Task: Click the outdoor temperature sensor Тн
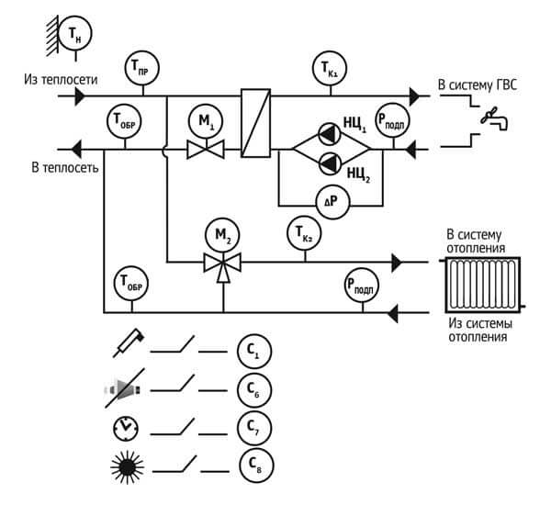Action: [75, 34]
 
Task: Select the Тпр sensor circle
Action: [142, 68]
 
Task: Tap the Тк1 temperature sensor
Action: [330, 68]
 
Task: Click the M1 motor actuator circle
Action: [206, 121]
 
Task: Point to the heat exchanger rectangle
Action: [256, 123]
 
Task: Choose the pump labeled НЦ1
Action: [330, 134]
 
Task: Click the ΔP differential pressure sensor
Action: [332, 202]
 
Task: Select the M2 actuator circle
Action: [222, 235]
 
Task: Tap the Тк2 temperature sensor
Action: [304, 233]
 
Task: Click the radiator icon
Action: [483, 285]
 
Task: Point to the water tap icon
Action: [494, 118]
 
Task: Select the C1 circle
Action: [254, 351]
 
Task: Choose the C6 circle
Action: [254, 390]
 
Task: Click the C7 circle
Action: [254, 429]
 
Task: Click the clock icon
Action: [126, 429]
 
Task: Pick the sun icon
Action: [128, 467]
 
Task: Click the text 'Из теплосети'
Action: [61, 79]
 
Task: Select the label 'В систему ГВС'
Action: [478, 85]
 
